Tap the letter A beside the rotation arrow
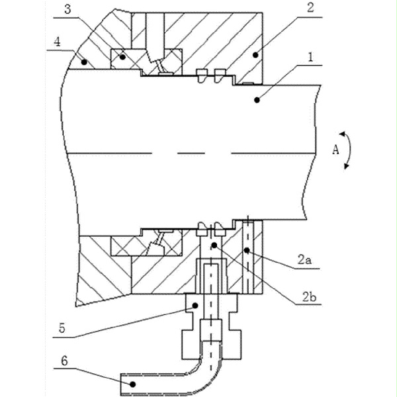click(335, 150)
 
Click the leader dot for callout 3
click(121, 58)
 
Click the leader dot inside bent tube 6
click(132, 383)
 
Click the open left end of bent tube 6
click(122, 382)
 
